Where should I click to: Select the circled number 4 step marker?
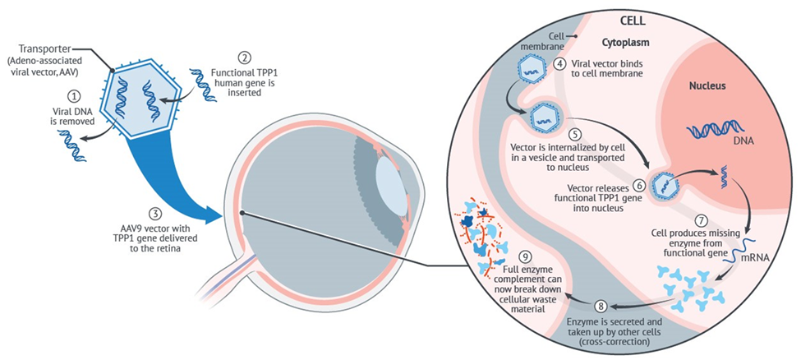pos(559,62)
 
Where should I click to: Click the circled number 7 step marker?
pos(701,220)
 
